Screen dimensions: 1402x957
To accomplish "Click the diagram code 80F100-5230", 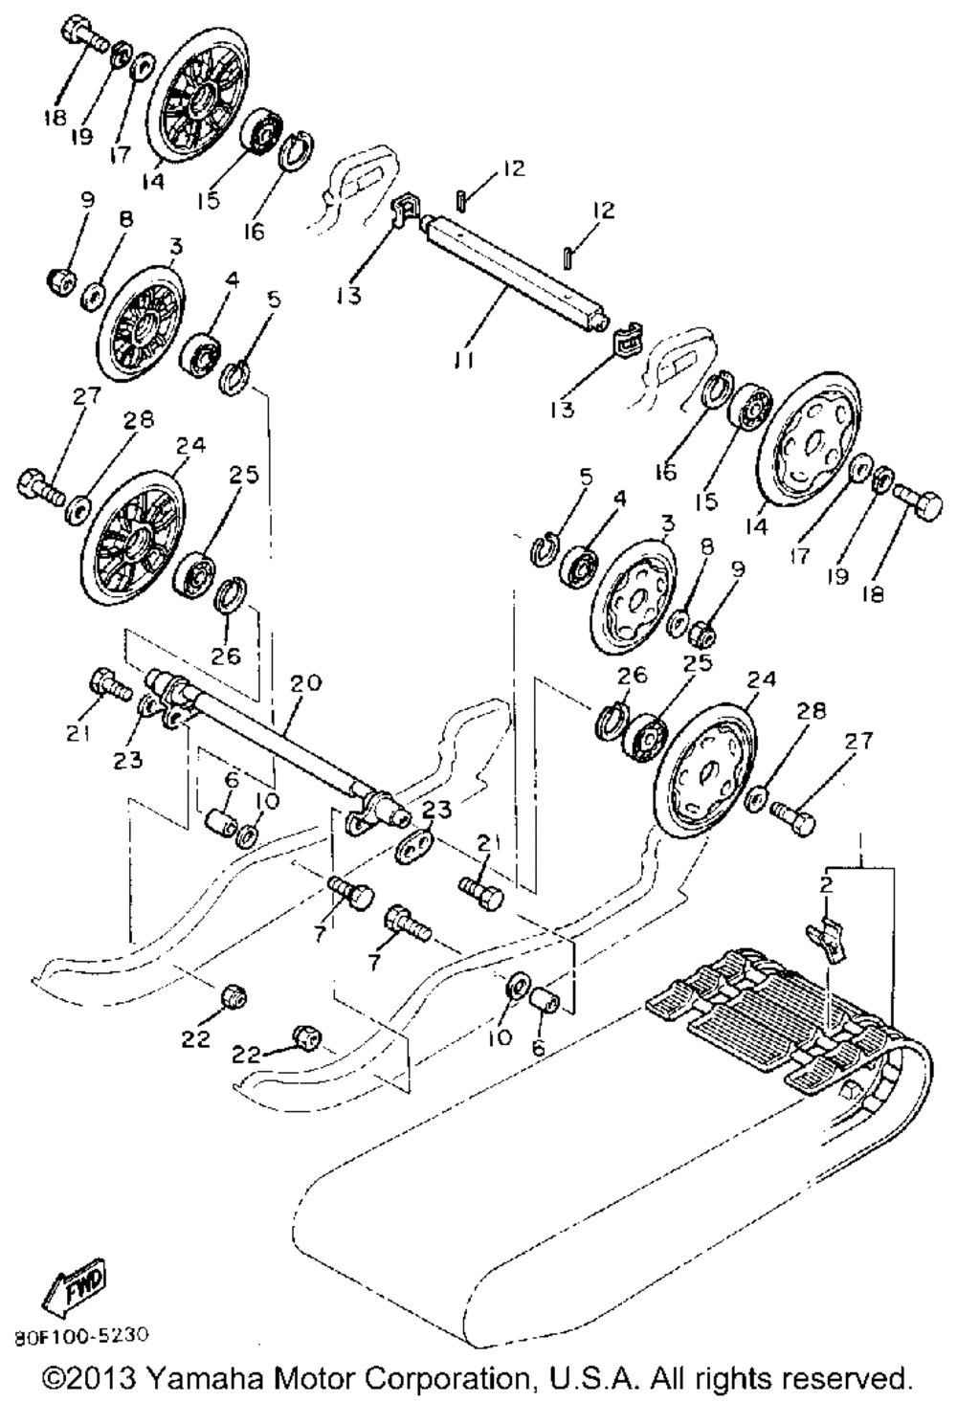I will tap(80, 1334).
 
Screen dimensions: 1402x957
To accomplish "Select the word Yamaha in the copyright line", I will tap(208, 1378).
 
